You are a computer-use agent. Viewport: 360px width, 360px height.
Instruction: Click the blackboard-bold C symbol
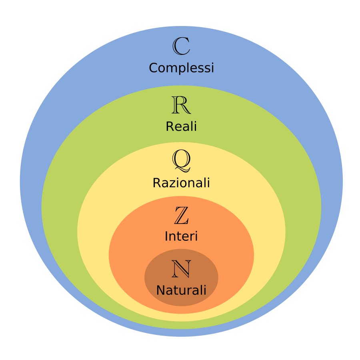[x=181, y=46]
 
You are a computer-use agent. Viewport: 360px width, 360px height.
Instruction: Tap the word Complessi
[x=181, y=68]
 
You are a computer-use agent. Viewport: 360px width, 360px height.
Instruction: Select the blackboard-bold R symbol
[x=181, y=105]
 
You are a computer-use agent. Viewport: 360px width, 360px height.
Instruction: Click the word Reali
[x=181, y=126]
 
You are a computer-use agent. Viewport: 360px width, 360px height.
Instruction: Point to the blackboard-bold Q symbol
[x=181, y=160]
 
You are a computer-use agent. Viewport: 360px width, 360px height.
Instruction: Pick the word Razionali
[x=181, y=183]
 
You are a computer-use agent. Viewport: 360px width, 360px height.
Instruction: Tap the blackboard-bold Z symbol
[x=181, y=216]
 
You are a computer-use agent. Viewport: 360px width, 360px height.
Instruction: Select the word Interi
[x=181, y=236]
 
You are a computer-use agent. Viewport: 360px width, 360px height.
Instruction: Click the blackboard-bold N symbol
[x=181, y=269]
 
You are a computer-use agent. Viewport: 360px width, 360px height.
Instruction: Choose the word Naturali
[x=181, y=290]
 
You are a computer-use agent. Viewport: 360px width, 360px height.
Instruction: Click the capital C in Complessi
[x=154, y=68]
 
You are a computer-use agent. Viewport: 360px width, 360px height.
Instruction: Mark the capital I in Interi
[x=166, y=236]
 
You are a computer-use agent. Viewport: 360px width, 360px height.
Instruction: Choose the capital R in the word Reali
[x=170, y=126]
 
